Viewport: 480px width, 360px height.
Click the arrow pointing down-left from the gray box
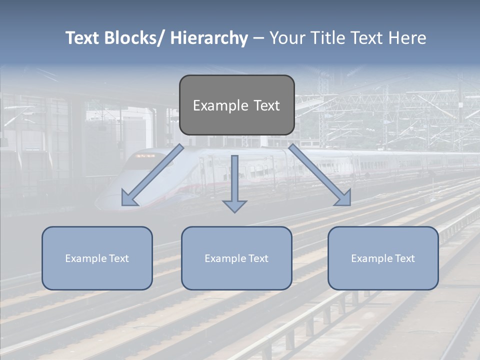tap(152, 175)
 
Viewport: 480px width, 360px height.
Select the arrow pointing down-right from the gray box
tap(320, 175)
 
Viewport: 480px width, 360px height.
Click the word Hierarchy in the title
tap(209, 38)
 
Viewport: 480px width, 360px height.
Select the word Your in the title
tap(286, 38)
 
